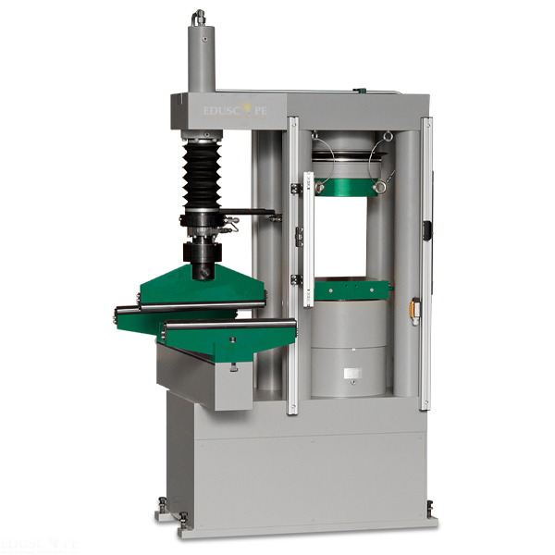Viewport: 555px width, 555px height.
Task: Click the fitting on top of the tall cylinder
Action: coord(198,18)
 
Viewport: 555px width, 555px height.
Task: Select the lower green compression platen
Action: coord(351,290)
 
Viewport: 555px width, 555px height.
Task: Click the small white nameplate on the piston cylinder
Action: coord(351,375)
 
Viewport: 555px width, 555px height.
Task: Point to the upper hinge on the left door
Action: coord(296,188)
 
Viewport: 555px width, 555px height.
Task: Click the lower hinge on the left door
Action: coord(296,278)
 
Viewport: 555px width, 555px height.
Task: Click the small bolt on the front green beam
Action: coord(232,339)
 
